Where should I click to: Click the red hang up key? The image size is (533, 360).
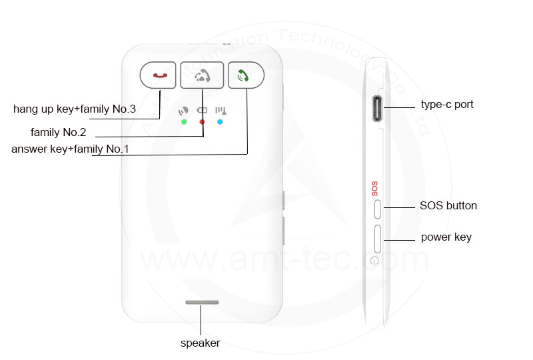tap(158, 75)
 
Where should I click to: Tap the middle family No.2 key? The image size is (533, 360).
tap(202, 75)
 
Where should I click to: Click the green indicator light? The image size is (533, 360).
tap(184, 122)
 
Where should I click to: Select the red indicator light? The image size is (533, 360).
tap(202, 122)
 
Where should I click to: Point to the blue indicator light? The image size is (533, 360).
tap(220, 122)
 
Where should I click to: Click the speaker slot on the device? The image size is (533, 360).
tap(202, 302)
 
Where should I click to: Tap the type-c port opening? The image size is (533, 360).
tap(377, 109)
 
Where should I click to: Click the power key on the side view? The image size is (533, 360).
tap(377, 239)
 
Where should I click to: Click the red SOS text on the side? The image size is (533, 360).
tap(374, 189)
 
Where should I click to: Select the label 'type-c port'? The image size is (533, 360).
tap(447, 105)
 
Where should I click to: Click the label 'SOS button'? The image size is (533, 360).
tap(448, 205)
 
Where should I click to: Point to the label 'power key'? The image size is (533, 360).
tap(446, 237)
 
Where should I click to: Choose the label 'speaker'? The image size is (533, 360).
tap(201, 343)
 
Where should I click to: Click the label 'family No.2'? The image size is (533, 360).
tap(58, 132)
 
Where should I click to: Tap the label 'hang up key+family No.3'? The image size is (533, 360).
tap(75, 109)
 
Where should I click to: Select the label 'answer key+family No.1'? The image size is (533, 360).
tap(70, 149)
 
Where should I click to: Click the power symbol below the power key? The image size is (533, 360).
tap(374, 261)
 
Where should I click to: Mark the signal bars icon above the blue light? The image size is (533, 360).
tap(221, 111)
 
